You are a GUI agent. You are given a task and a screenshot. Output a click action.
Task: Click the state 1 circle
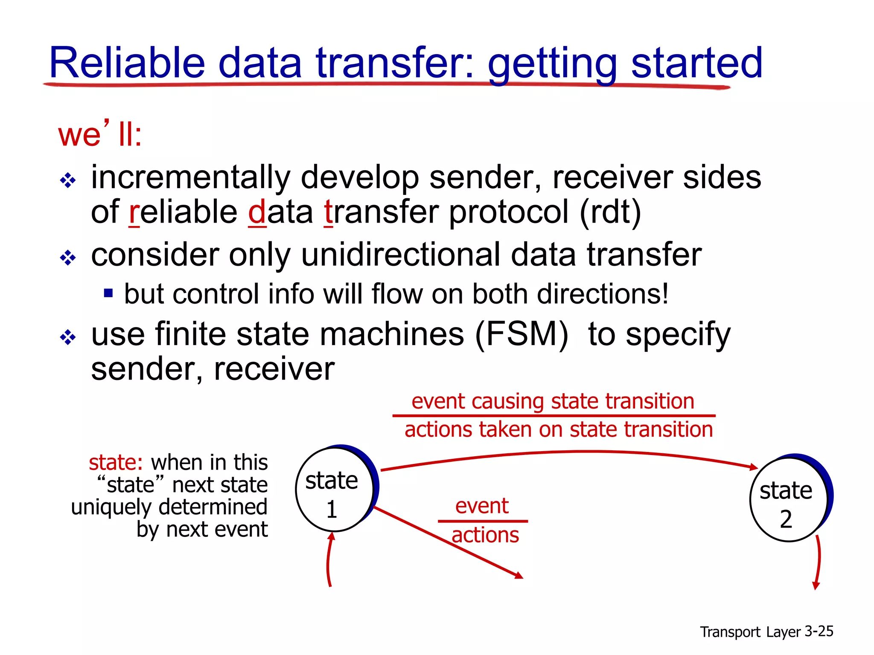334,490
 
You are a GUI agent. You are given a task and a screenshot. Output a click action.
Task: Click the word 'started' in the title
696,63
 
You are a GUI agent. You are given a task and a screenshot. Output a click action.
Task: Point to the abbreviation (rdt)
610,212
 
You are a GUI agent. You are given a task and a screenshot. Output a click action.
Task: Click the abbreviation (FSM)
521,334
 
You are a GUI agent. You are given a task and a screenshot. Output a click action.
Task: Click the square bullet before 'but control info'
108,293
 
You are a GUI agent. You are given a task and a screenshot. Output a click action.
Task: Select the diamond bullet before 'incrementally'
68,181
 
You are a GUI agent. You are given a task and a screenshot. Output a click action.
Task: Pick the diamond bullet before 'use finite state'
68,337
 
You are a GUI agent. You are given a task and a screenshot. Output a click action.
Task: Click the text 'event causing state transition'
553,401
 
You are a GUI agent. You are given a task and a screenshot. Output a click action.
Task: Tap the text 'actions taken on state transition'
559,429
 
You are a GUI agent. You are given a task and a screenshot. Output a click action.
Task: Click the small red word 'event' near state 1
482,506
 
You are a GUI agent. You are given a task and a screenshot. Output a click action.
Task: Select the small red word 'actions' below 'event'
485,535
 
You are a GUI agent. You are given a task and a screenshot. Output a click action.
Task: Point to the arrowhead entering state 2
753,467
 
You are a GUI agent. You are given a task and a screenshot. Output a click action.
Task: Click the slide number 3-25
819,631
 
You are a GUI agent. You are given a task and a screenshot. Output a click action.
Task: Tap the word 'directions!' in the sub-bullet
603,294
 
